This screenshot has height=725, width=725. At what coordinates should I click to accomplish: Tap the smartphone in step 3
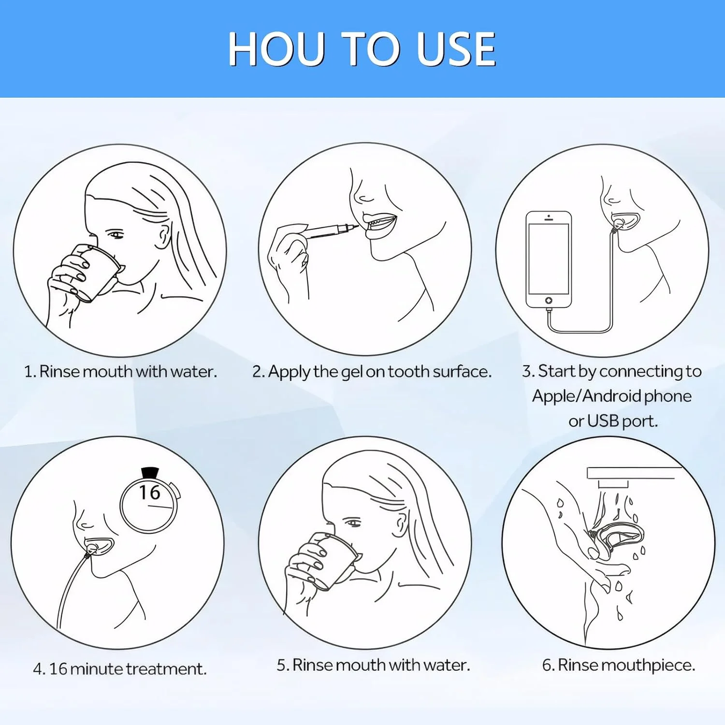tap(549, 259)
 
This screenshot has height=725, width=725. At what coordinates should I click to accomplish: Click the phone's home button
tap(549, 300)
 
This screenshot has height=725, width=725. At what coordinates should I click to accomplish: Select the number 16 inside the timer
tap(149, 493)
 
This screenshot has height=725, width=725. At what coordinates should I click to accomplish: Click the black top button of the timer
tap(150, 472)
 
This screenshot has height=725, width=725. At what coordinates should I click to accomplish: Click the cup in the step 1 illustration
tap(97, 273)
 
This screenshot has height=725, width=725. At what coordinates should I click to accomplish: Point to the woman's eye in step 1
tap(115, 235)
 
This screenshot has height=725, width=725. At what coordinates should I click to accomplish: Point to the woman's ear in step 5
tap(401, 524)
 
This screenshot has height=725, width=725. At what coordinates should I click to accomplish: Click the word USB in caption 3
tap(603, 421)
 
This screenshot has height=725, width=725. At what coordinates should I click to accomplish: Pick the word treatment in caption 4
tap(166, 669)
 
